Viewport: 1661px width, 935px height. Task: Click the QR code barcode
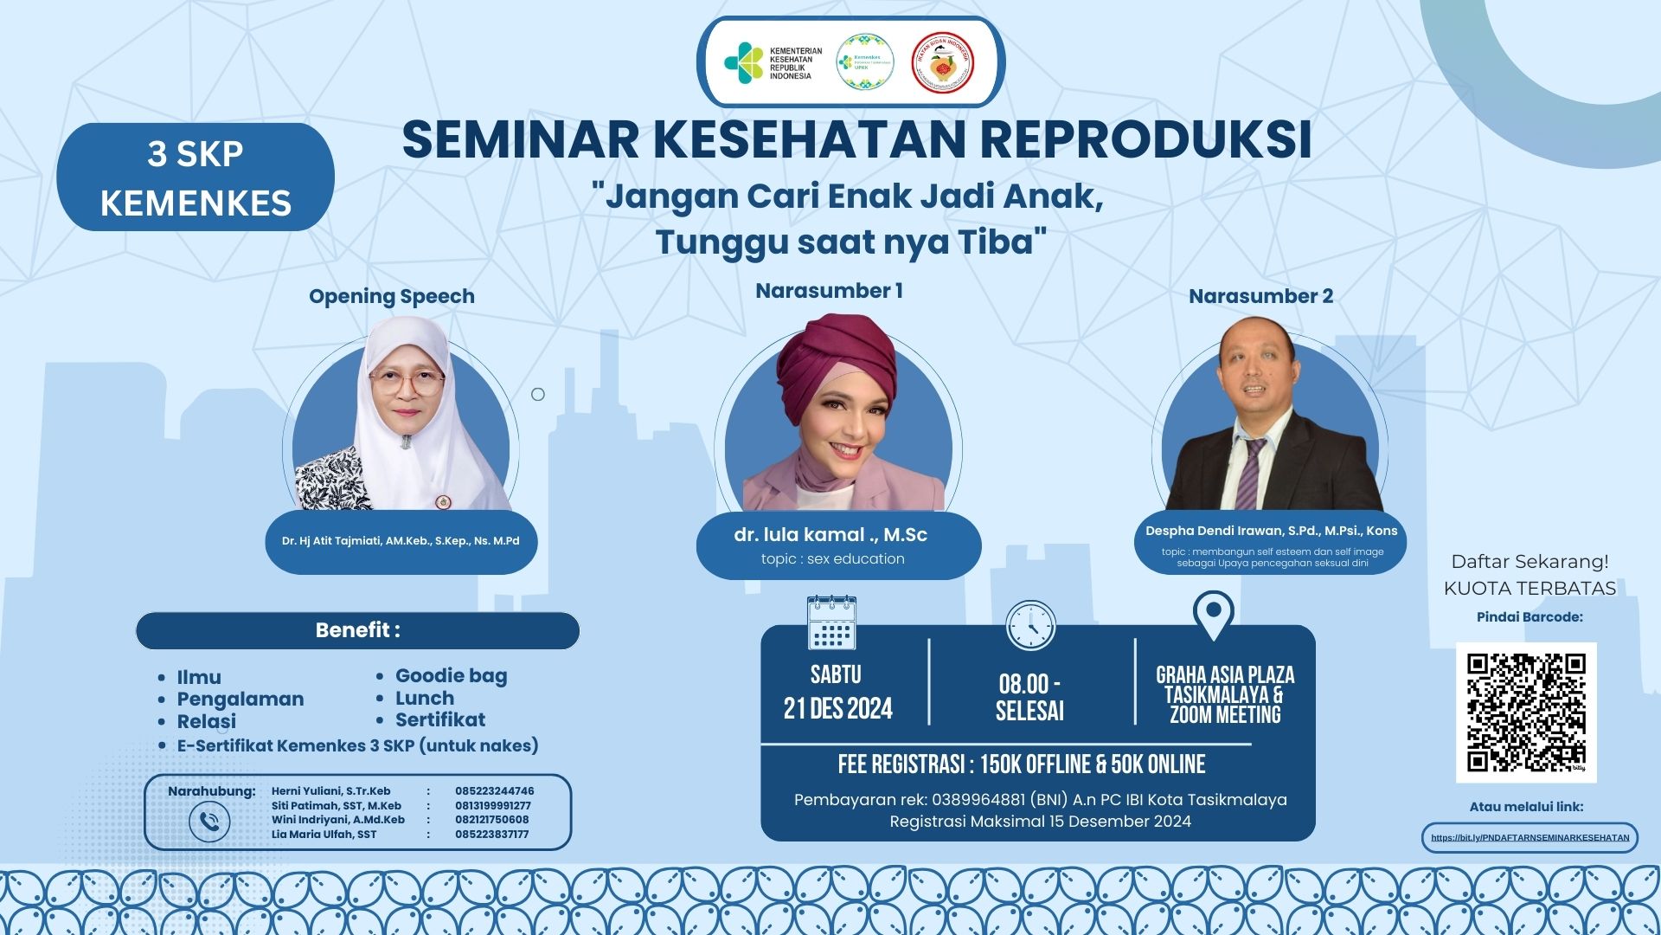point(1526,712)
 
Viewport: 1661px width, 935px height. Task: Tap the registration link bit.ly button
point(1530,837)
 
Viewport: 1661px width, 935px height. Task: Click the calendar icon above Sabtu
point(831,622)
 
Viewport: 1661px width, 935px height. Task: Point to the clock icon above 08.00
point(1031,625)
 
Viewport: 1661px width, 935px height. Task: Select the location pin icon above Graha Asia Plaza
point(1213,615)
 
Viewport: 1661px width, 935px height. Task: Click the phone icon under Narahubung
point(209,822)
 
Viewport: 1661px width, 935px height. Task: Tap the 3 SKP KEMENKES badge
point(196,177)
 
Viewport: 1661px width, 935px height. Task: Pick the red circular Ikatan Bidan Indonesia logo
point(943,62)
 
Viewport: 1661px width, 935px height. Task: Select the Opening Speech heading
point(392,296)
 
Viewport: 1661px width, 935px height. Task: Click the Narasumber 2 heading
point(1260,296)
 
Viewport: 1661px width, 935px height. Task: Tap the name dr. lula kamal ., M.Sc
point(830,535)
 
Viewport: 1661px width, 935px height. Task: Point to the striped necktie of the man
point(1251,473)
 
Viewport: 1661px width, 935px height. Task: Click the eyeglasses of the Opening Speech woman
point(407,382)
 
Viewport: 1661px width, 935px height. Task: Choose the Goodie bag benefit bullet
point(450,675)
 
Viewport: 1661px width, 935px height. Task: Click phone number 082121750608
point(491,820)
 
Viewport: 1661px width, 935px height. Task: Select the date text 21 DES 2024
point(837,709)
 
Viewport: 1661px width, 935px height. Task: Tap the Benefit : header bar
point(357,630)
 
